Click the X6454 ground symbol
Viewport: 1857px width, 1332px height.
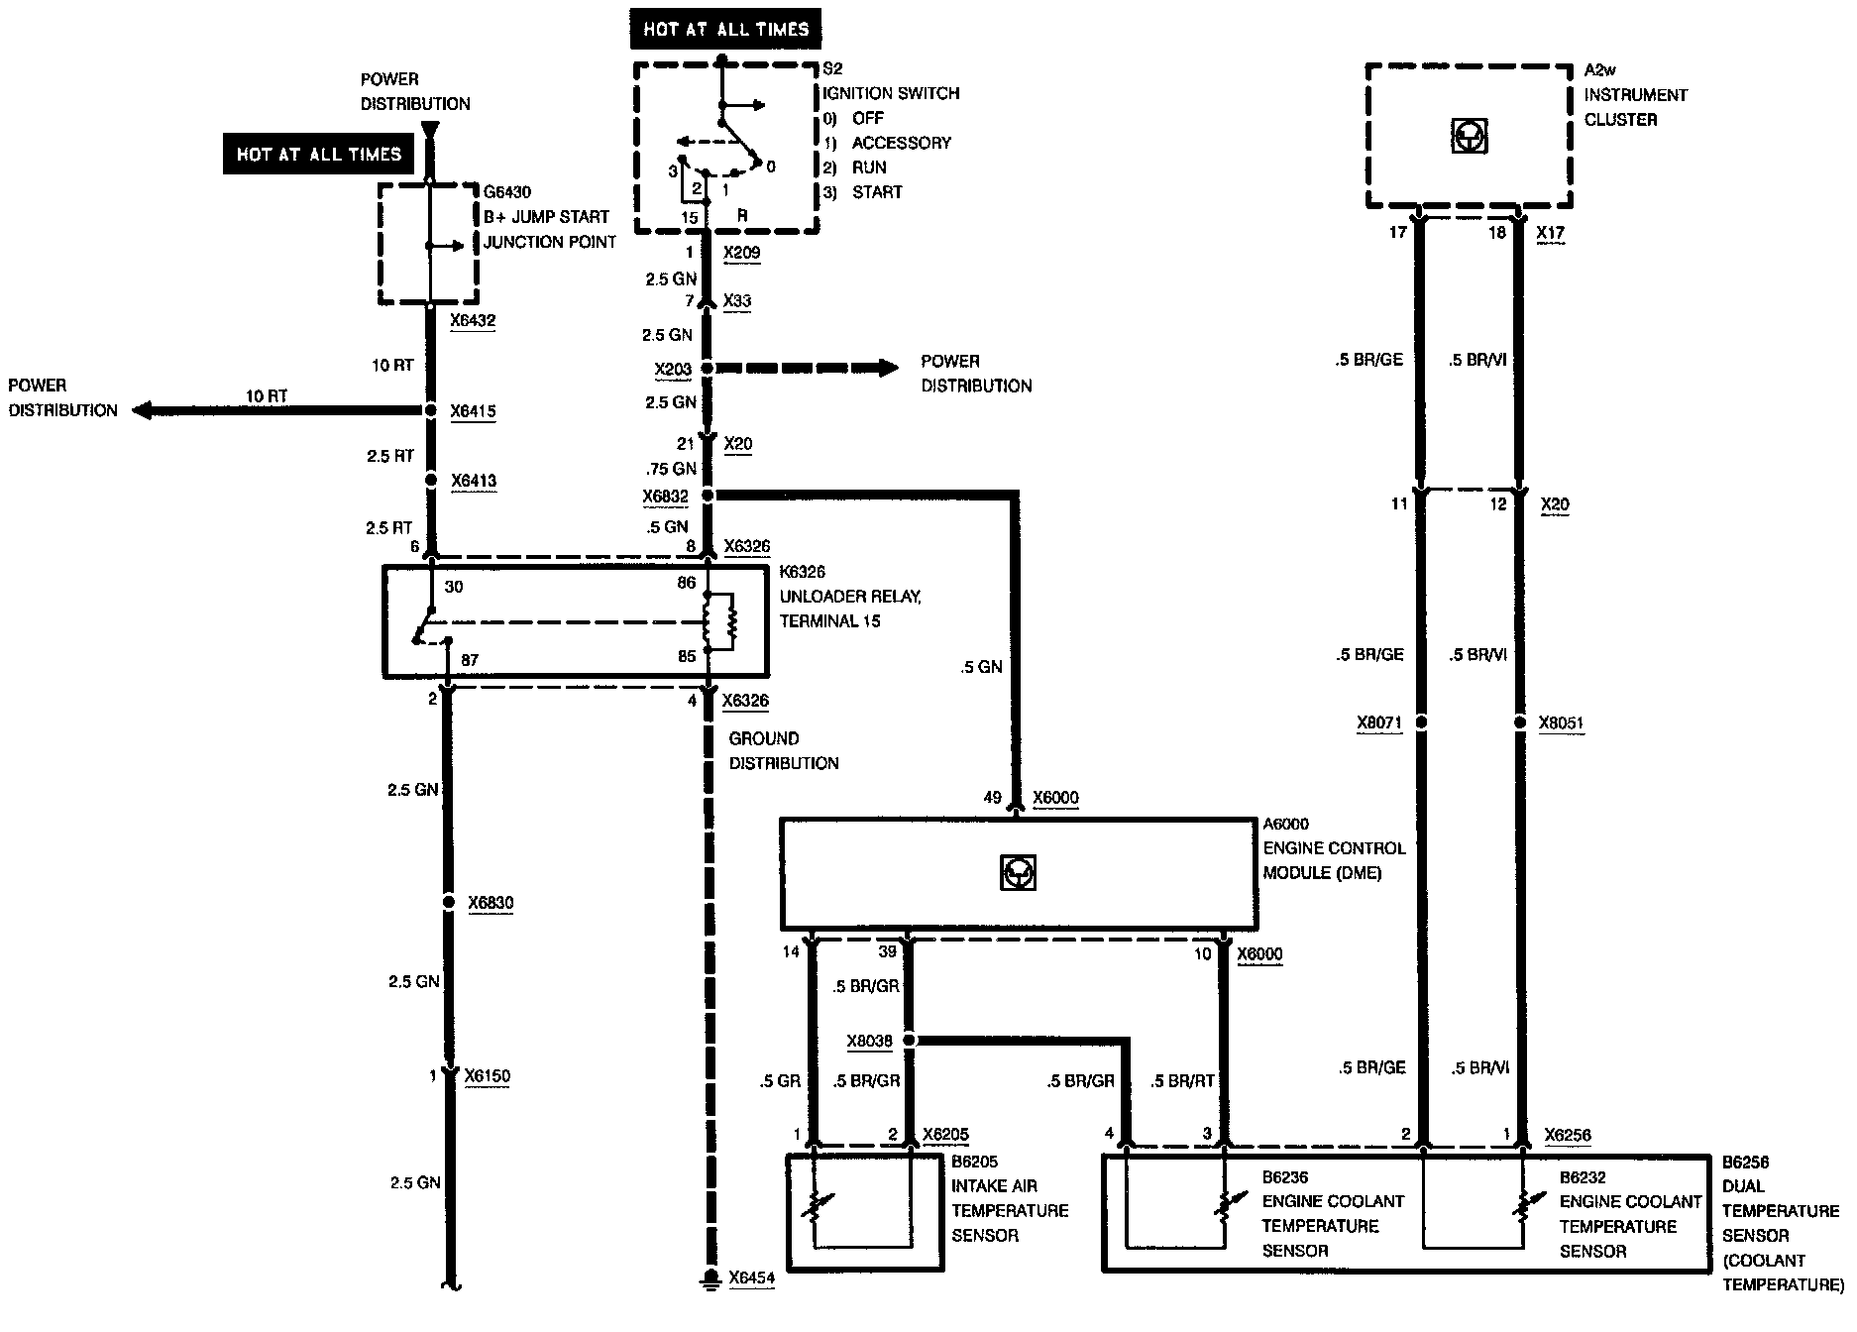tap(709, 1276)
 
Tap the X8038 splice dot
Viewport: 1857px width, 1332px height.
tap(910, 1041)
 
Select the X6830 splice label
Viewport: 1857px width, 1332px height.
tap(491, 903)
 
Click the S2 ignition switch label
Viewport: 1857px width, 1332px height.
tap(832, 69)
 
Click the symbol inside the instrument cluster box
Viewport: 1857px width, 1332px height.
tap(1469, 137)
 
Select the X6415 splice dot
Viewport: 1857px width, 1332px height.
tap(431, 410)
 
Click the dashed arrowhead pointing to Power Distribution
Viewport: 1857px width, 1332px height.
tap(886, 368)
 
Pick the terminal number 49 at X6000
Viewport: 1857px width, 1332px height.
tap(993, 798)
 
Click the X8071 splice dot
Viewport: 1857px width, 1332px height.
tap(1421, 722)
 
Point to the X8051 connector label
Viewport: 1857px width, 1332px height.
tap(1561, 723)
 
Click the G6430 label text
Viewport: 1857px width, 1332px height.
tap(507, 192)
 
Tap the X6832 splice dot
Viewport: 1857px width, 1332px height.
tap(708, 495)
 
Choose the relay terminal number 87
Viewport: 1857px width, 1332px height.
tap(470, 659)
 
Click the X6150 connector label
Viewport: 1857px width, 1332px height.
tap(487, 1076)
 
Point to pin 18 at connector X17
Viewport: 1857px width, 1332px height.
tap(1497, 233)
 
